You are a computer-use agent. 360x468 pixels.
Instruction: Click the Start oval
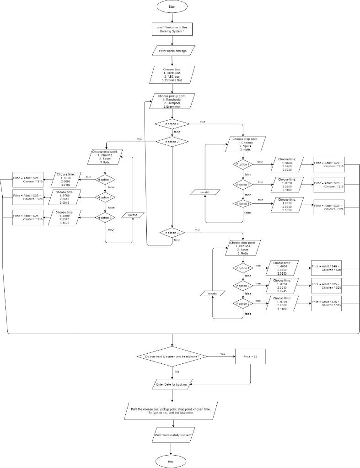pyautogui.click(x=172, y=7)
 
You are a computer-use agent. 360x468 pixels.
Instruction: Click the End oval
pyautogui.click(x=171, y=462)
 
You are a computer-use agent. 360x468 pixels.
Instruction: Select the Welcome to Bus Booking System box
pyautogui.click(x=172, y=29)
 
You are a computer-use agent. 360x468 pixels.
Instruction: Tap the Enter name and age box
pyautogui.click(x=173, y=50)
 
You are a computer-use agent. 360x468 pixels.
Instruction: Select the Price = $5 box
pyautogui.click(x=250, y=356)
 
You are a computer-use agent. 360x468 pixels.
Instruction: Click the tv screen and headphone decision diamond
pyautogui.click(x=172, y=356)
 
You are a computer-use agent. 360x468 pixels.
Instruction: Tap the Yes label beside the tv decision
pyautogui.click(x=223, y=354)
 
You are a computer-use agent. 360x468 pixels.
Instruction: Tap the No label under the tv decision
pyautogui.click(x=177, y=372)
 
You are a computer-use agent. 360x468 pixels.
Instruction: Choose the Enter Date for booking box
pyautogui.click(x=172, y=385)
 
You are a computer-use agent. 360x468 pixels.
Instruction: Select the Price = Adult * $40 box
pyautogui.click(x=327, y=268)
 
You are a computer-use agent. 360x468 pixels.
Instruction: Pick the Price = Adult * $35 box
pyautogui.click(x=327, y=286)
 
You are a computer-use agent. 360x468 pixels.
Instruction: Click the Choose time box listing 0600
pyautogui.click(x=68, y=179)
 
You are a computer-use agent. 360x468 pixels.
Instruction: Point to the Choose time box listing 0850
pyautogui.click(x=287, y=206)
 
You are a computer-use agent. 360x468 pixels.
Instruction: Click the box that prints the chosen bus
pyautogui.click(x=171, y=410)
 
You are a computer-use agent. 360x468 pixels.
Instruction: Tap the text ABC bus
pyautogui.click(x=172, y=77)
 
